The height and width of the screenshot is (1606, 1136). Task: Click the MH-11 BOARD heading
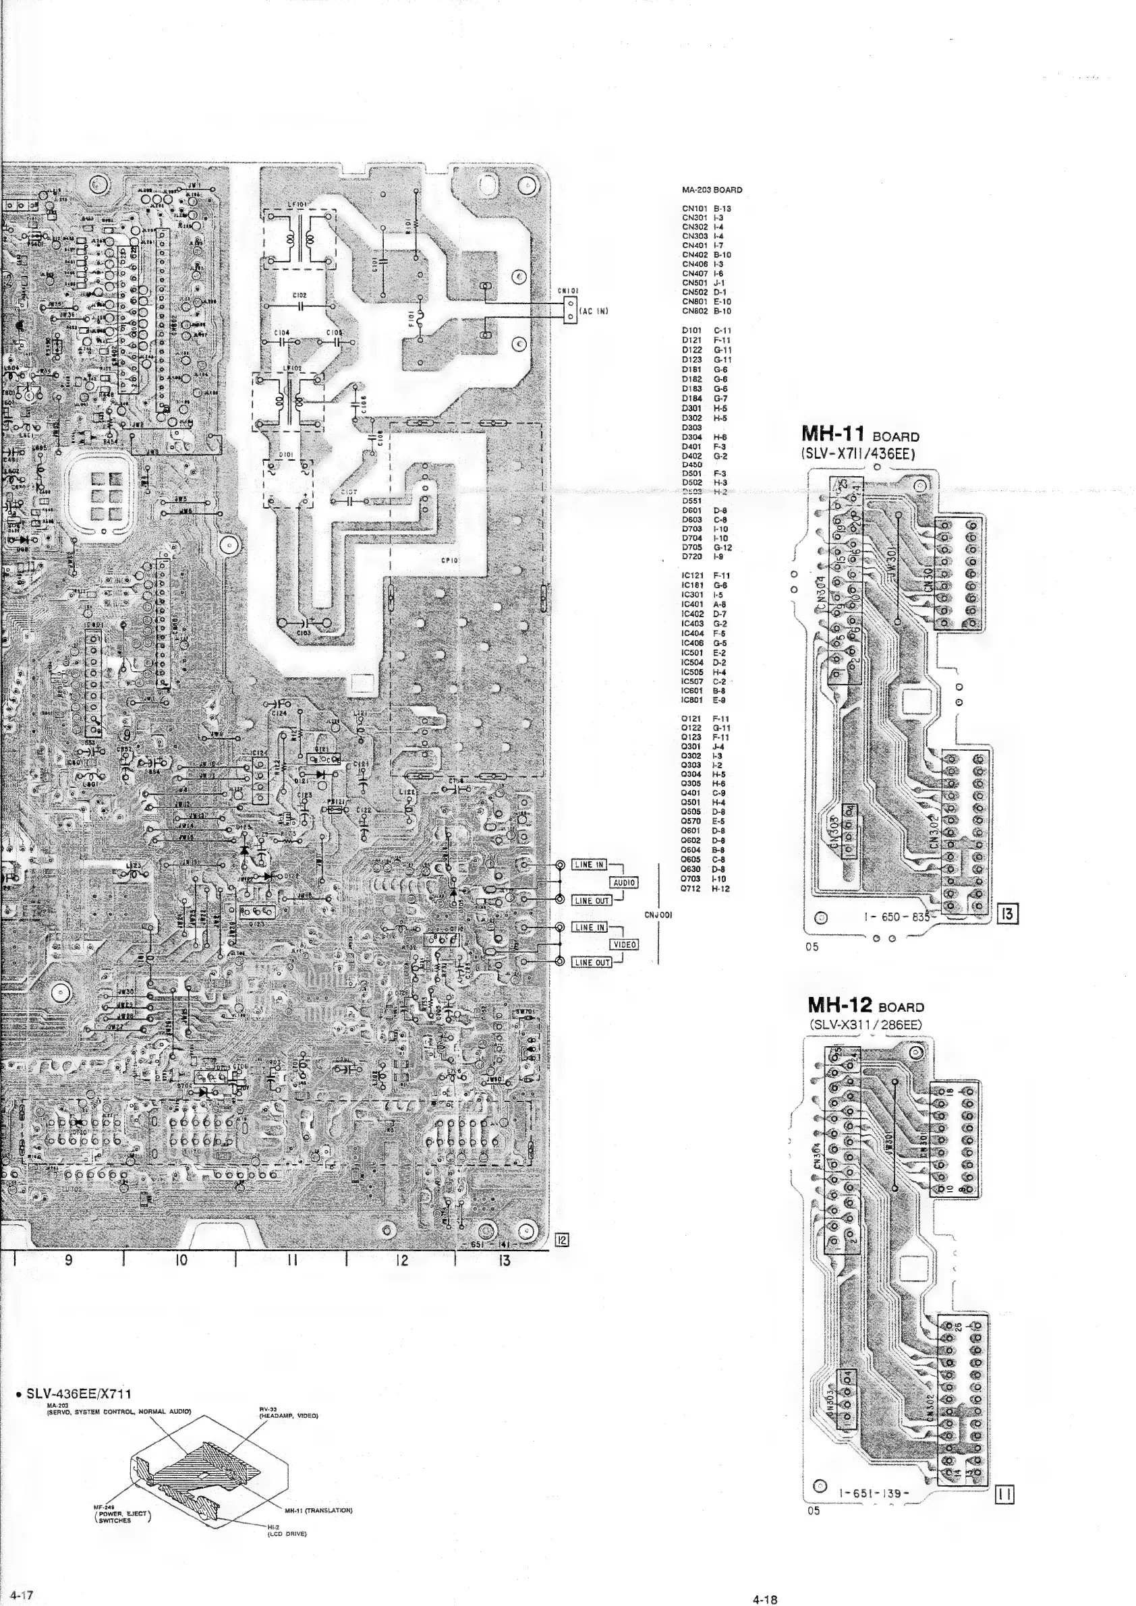pos(860,435)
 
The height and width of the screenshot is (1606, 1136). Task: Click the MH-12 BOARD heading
pos(865,1006)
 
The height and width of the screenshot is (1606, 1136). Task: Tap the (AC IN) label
pos(594,311)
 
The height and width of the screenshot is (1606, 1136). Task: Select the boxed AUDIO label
pos(624,883)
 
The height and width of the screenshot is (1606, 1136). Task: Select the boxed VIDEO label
pos(624,944)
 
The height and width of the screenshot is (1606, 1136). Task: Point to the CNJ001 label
pos(658,915)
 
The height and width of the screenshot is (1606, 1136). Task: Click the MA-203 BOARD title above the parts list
pos(712,190)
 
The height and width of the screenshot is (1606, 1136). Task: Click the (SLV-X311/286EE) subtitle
pos(865,1024)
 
